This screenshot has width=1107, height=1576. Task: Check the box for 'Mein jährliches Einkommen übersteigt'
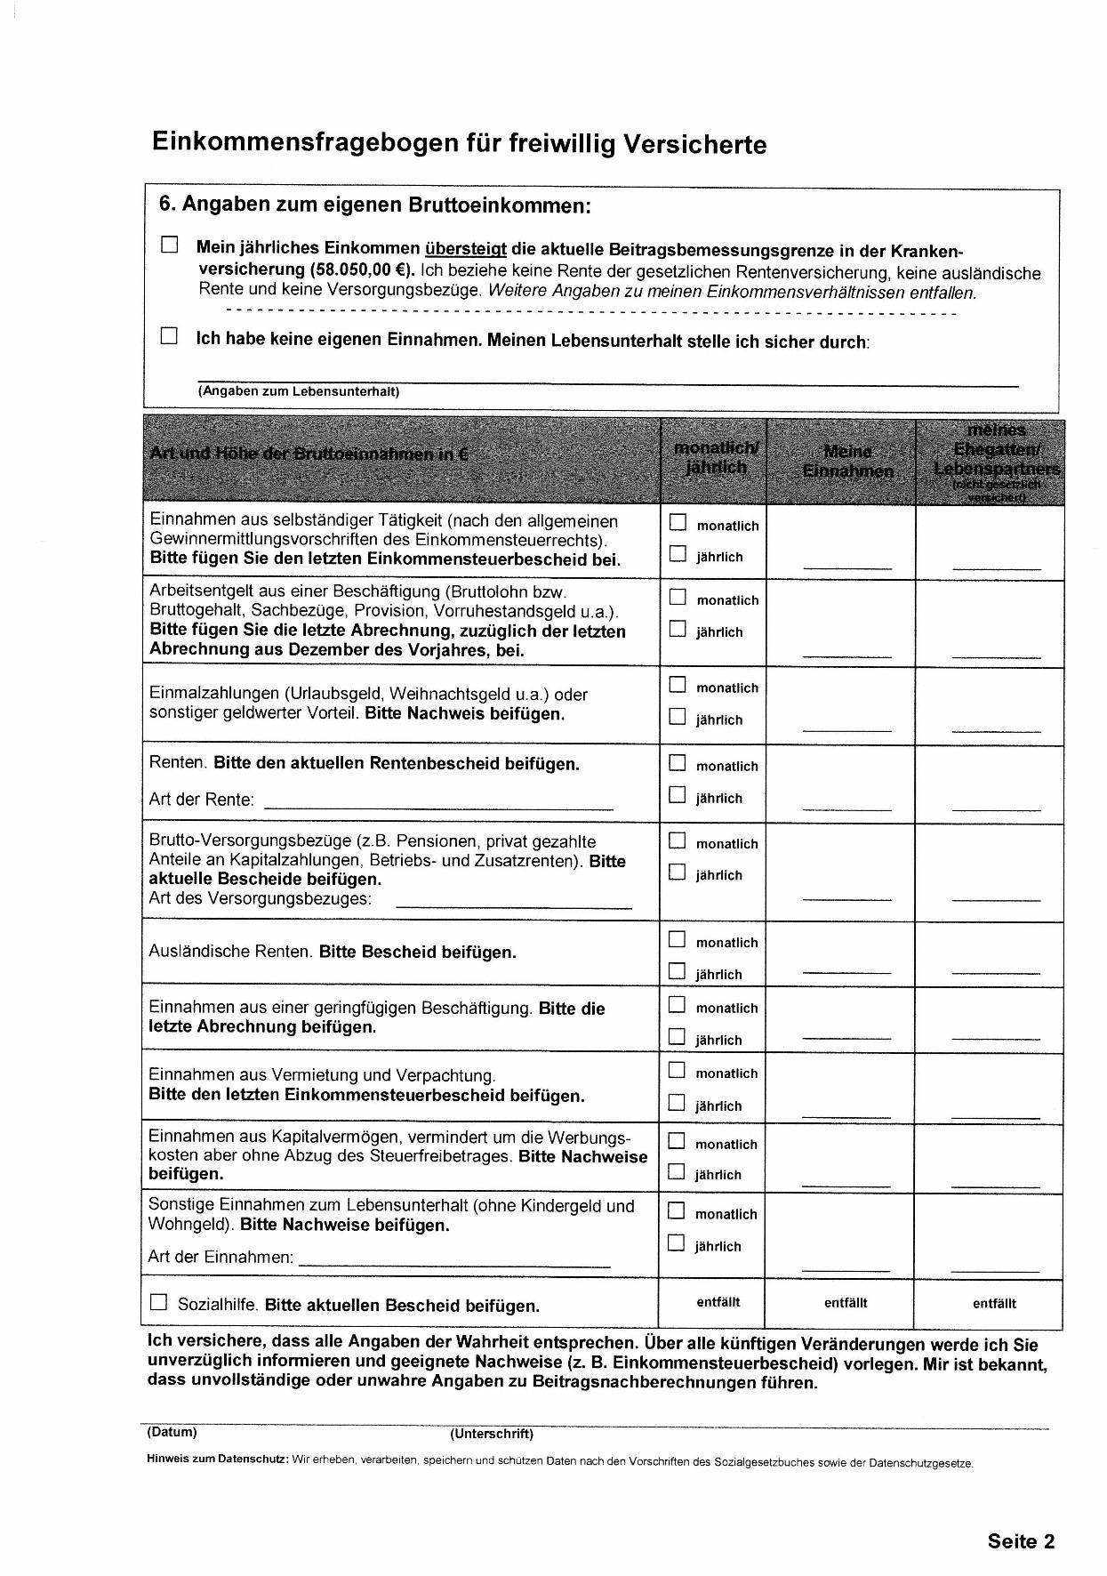(x=170, y=245)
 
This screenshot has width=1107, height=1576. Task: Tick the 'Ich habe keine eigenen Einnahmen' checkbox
(x=169, y=336)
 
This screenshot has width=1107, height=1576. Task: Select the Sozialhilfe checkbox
(x=158, y=1302)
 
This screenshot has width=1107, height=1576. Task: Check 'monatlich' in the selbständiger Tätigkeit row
(x=678, y=522)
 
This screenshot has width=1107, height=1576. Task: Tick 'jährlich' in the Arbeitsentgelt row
(x=678, y=629)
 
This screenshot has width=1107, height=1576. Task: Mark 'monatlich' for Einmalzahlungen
(x=678, y=685)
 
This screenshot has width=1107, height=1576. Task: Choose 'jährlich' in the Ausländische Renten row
(x=678, y=971)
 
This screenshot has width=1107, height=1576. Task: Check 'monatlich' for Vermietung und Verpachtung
(x=678, y=1070)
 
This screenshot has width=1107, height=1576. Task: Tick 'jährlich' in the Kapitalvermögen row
(x=678, y=1171)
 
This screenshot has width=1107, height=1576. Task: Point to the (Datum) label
(x=172, y=1432)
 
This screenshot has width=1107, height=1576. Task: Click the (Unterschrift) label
(x=491, y=1434)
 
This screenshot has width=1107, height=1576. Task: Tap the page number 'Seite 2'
(x=1021, y=1541)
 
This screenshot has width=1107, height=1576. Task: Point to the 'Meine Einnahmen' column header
(x=847, y=461)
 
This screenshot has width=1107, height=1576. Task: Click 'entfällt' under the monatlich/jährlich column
(x=718, y=1302)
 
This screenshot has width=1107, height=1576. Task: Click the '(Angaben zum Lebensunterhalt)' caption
(x=298, y=391)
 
